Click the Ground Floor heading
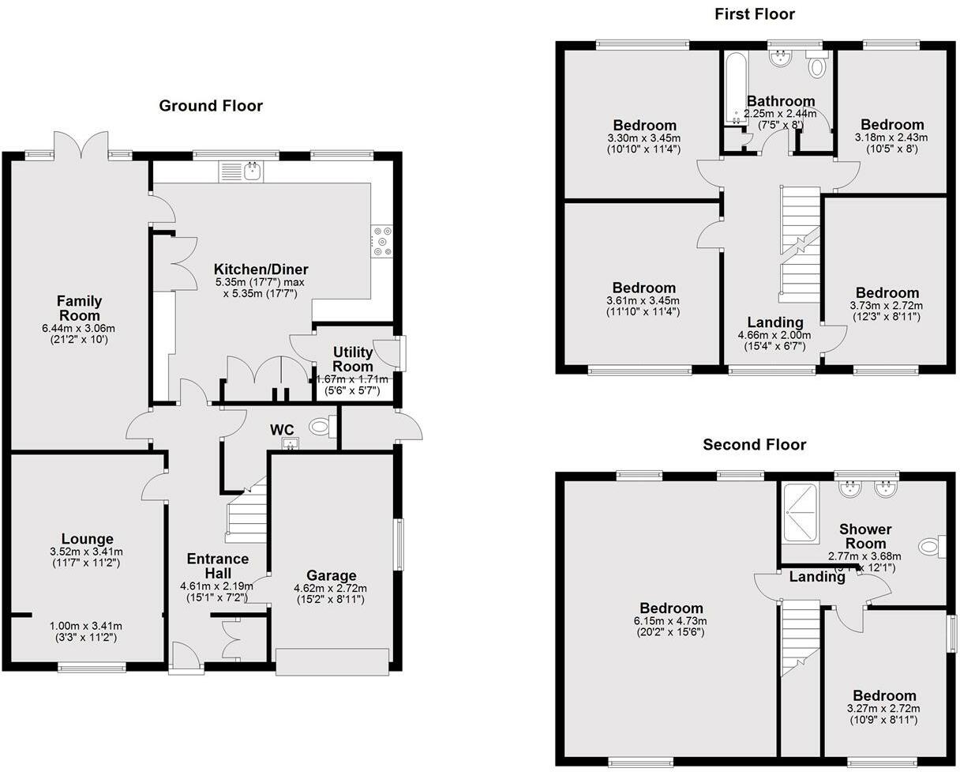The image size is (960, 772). click(211, 106)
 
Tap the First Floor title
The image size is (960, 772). click(754, 14)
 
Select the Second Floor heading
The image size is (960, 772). click(754, 445)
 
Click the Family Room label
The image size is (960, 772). click(79, 308)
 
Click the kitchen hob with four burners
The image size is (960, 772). click(381, 242)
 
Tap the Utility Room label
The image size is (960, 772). click(352, 360)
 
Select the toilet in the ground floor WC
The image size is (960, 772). click(320, 427)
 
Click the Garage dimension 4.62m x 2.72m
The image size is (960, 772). click(330, 589)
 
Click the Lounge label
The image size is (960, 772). click(88, 539)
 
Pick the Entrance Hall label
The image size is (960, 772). click(217, 566)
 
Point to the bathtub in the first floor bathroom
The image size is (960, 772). click(733, 88)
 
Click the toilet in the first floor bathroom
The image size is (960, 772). click(817, 68)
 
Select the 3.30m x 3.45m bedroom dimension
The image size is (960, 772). click(644, 138)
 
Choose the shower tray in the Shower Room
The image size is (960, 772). click(801, 513)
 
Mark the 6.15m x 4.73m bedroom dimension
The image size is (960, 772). click(671, 621)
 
